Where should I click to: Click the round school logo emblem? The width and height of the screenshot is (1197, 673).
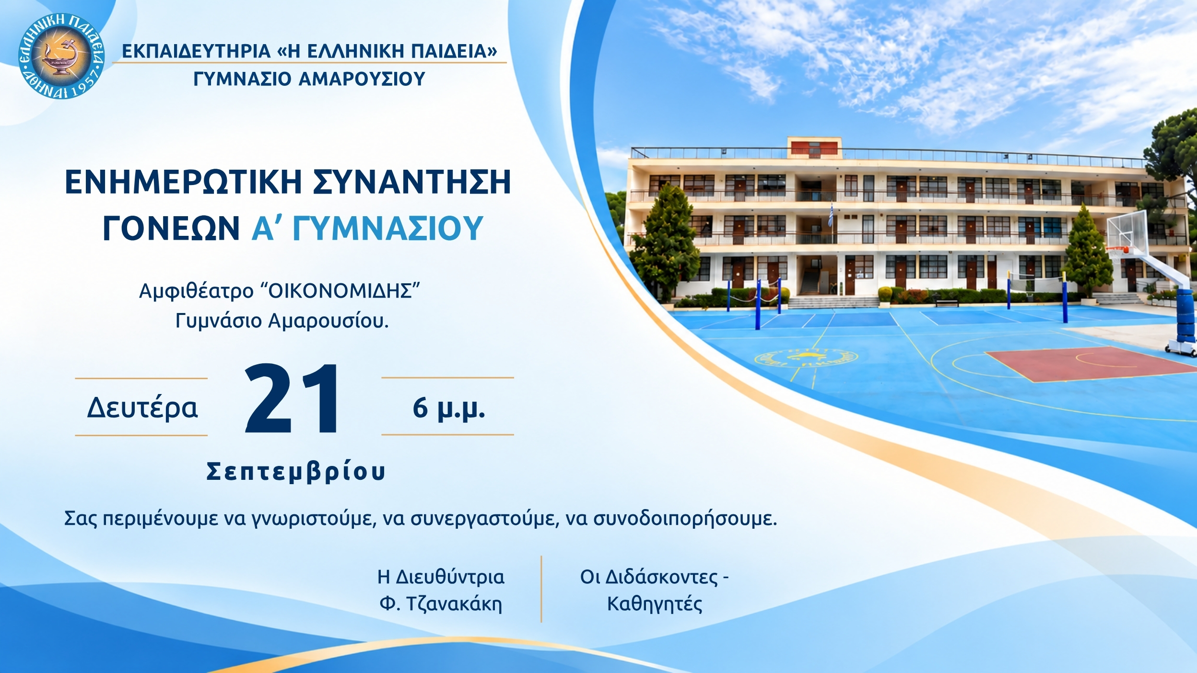coord(61,56)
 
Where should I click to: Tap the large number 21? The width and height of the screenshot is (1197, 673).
coord(292,399)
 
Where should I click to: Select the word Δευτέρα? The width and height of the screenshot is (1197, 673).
coord(142,408)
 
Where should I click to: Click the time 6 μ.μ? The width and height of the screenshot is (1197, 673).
coord(448,408)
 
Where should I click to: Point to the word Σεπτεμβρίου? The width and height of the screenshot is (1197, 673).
coord(296,471)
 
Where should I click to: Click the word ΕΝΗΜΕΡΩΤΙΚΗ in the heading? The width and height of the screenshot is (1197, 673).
coord(184,182)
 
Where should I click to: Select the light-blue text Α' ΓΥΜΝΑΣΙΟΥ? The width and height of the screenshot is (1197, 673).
coord(367,228)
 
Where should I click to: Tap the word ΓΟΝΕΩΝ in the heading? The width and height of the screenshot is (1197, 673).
coord(171,228)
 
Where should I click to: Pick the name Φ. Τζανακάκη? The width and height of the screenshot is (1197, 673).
coord(441,603)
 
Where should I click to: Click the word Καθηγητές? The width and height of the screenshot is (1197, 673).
coord(655,604)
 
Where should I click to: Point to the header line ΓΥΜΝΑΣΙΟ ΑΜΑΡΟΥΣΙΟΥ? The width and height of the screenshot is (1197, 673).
coord(309,79)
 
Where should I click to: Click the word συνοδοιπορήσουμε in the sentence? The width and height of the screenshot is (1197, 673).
coord(685,519)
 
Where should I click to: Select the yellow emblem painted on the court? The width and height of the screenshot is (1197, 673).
coord(806,358)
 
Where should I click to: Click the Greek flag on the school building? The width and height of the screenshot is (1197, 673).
coord(831,215)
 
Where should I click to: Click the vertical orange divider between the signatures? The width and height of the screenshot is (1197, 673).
coord(541,589)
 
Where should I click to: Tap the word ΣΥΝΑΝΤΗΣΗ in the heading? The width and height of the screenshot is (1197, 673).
coord(412,182)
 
